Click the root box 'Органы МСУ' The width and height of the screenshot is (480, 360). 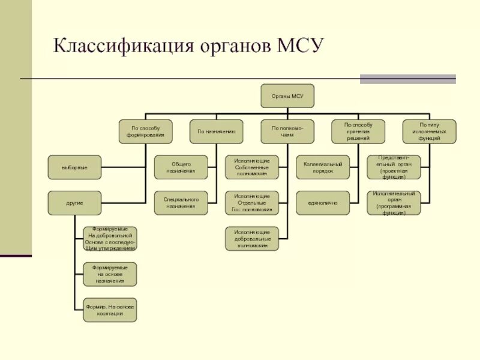(287, 96)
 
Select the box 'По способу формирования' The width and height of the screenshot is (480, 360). (145, 131)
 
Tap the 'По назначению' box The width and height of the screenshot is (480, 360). (216, 131)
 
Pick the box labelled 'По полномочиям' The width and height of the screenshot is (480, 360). (287, 131)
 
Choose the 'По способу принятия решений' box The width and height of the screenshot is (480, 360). (358, 131)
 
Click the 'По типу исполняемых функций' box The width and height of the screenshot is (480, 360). (429, 131)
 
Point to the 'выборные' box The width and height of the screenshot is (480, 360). (74, 167)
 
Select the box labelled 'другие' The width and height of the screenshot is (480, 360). (74, 203)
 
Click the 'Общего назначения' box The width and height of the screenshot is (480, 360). (181, 167)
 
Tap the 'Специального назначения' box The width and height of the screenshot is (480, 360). (181, 203)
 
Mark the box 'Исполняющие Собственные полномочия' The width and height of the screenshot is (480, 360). (251, 167)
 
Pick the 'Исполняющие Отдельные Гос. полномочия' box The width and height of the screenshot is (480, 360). (251, 203)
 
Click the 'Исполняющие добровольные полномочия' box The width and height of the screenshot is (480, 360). (251, 238)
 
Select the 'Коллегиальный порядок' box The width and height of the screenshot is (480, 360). (323, 167)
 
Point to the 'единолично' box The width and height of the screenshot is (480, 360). (323, 203)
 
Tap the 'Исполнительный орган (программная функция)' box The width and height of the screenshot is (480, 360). (394, 203)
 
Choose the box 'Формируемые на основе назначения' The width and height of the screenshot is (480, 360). (110, 274)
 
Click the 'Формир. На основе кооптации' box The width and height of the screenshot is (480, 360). (110, 310)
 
